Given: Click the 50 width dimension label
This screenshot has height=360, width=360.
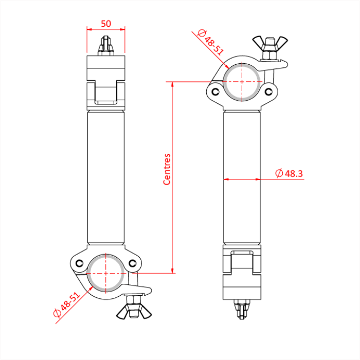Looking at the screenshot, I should tap(106, 23).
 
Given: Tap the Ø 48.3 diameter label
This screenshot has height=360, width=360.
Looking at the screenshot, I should tap(289, 174).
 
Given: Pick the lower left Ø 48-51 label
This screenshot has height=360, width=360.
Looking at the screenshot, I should tap(67, 306).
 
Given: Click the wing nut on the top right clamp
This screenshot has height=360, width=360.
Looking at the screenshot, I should tap(268, 43).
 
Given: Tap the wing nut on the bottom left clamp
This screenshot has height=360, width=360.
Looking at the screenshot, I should tap(132, 310).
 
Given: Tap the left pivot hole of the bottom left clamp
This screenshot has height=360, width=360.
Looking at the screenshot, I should tap(79, 263).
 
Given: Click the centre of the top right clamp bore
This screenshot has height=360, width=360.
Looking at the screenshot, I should tap(242, 82).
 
